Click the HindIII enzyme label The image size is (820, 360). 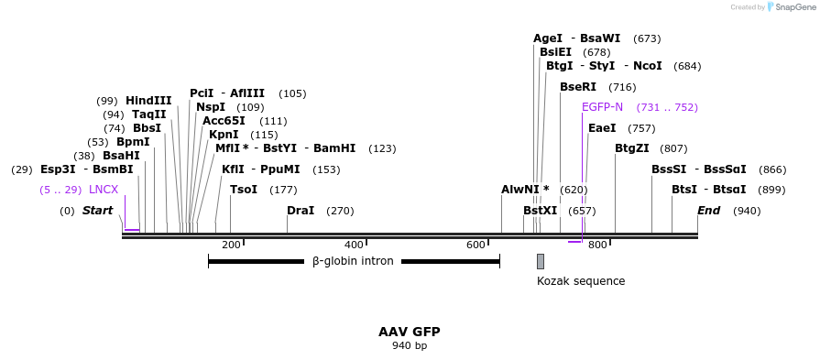coord(148,101)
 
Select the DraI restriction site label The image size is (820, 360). coord(301,211)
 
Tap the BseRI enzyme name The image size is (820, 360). coord(578,87)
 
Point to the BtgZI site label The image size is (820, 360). coord(632,148)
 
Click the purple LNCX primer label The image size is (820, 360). coord(104,190)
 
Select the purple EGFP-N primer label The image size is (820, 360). coord(602,107)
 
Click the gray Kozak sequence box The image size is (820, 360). coord(541,261)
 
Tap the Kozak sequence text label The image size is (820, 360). coord(581,281)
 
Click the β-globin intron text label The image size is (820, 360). coord(353,261)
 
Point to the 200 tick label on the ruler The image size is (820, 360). coord(231,245)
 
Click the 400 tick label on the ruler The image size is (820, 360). coord(354,245)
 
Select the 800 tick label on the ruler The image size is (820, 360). coord(597,245)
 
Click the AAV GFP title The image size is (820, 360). coord(410,332)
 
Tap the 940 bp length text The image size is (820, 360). coord(410,345)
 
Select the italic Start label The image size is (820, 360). coord(97,211)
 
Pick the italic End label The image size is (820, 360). coord(708,211)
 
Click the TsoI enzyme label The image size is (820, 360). coord(244,190)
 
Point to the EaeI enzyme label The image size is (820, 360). coord(602,128)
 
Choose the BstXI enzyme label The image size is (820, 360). coord(540,211)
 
